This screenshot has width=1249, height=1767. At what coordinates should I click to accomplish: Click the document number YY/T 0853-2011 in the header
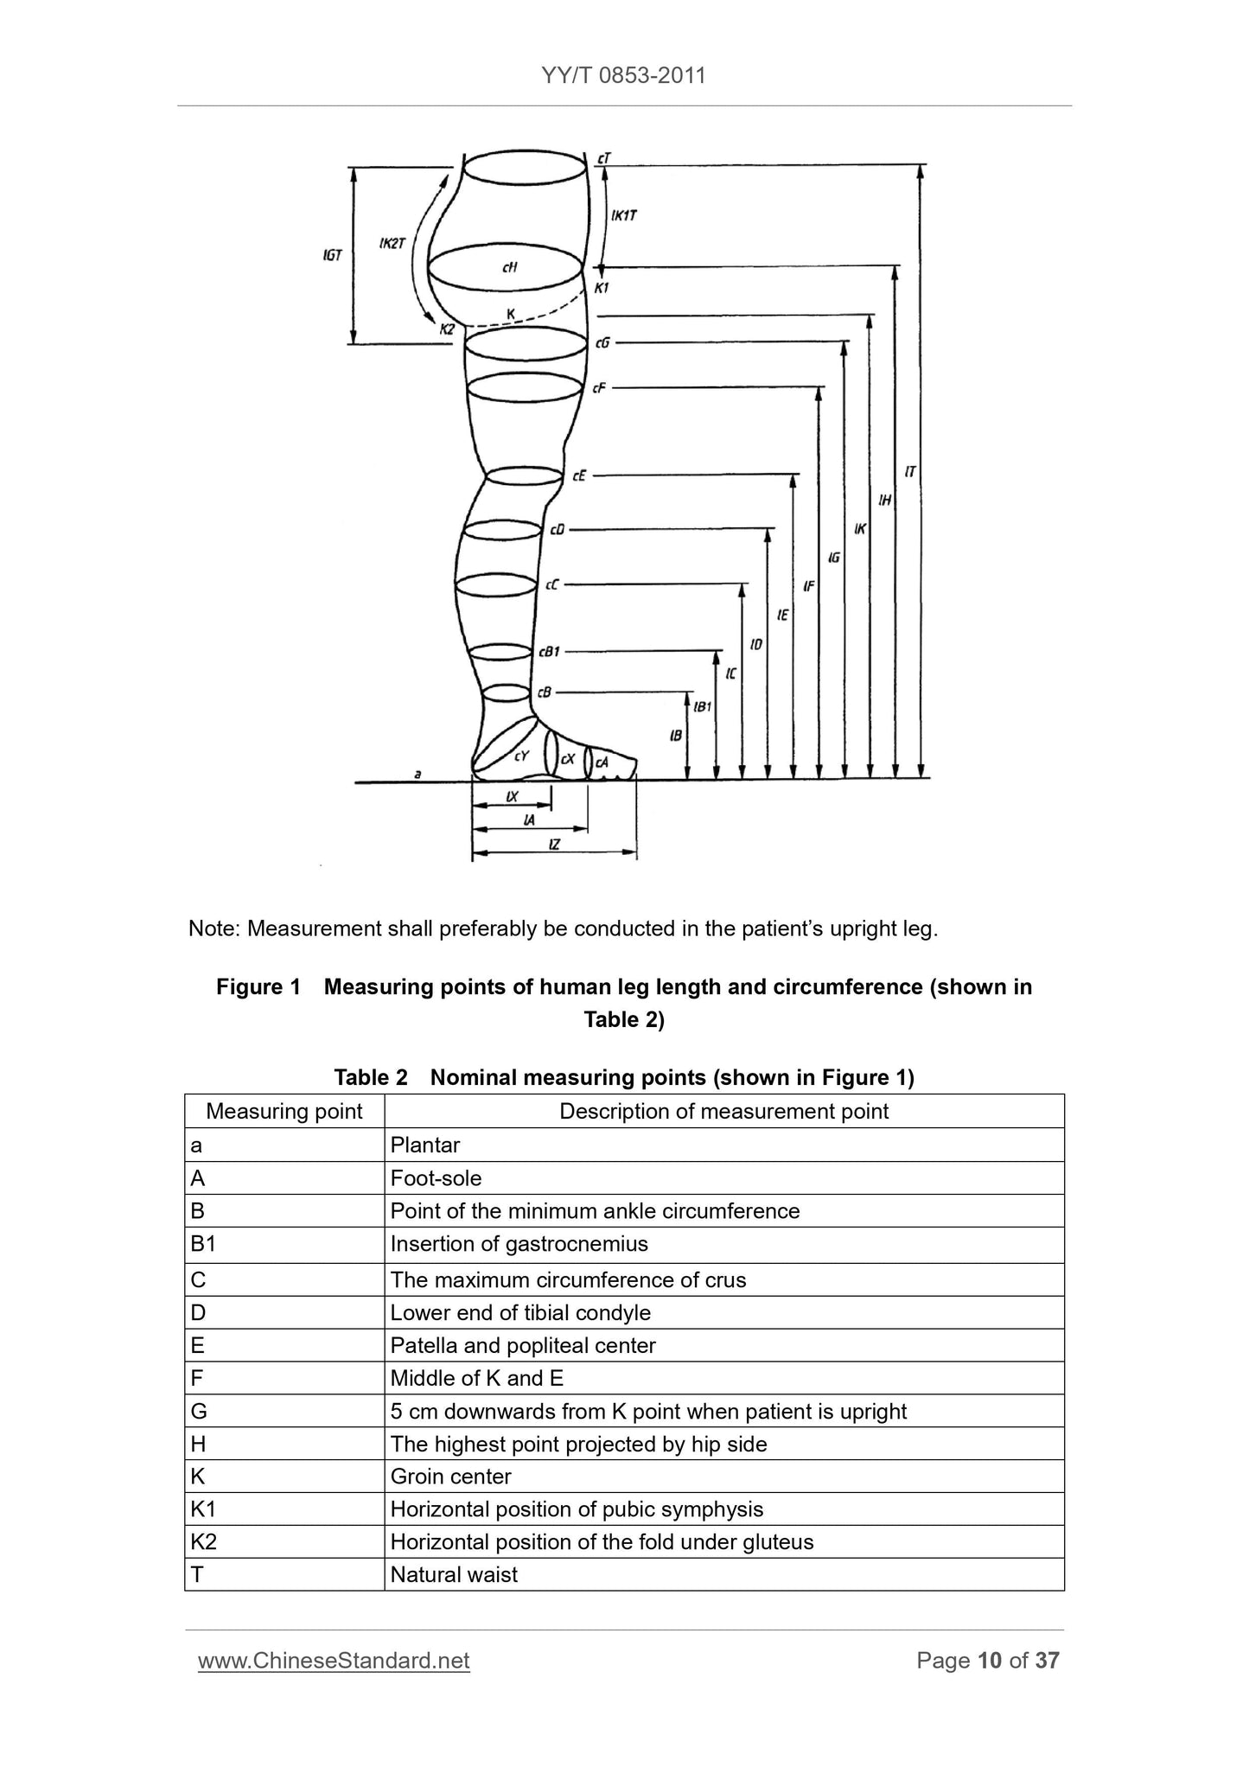(623, 76)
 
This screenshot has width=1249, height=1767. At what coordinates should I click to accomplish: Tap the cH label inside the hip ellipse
(510, 268)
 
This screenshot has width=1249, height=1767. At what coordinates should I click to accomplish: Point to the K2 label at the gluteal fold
(447, 329)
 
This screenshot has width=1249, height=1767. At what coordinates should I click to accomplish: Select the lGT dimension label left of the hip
(333, 256)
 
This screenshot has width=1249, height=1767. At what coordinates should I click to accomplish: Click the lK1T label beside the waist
(624, 215)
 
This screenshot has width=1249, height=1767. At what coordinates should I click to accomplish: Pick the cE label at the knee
(579, 475)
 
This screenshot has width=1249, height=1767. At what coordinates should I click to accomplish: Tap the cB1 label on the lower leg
(549, 652)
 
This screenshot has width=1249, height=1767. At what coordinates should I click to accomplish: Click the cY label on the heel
(521, 756)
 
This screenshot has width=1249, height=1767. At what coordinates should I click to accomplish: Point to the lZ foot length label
(554, 845)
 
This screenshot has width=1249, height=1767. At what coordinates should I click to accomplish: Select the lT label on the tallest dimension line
(910, 472)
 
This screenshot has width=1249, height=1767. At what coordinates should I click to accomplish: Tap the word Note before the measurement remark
(213, 929)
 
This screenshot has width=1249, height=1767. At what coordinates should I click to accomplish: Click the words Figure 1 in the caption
(258, 987)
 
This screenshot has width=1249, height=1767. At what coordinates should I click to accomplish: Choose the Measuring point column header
(284, 1112)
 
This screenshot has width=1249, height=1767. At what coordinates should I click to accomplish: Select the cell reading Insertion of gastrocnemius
(519, 1245)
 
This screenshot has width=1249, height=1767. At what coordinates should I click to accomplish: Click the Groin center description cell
(450, 1477)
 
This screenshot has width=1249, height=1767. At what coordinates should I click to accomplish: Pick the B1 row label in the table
(203, 1245)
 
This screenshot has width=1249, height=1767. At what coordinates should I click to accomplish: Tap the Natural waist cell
(454, 1575)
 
